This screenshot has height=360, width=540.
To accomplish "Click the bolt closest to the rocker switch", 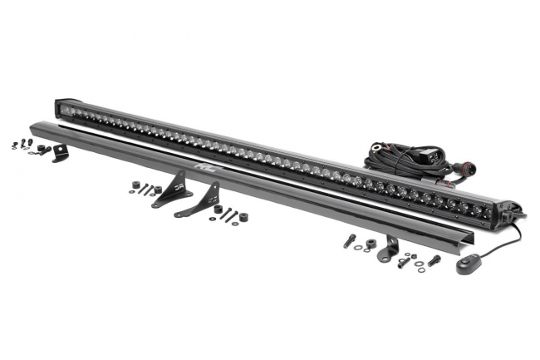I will pyautogui.click(x=433, y=259).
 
